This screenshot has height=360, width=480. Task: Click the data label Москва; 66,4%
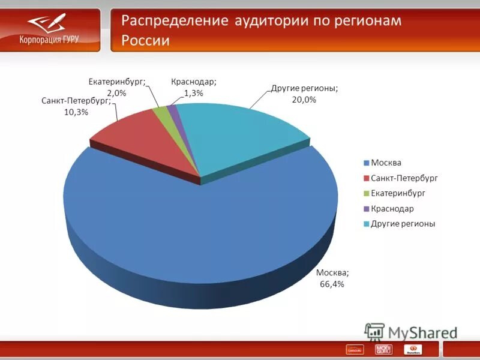pos(332,278)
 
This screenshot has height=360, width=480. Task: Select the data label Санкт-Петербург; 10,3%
pos(76,106)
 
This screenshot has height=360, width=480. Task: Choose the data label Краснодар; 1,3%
pos(193,87)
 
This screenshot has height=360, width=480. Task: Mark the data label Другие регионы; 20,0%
pos(304,94)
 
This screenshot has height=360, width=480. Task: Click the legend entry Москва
pos(385,163)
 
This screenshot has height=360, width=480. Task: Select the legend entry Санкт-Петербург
pos(404,178)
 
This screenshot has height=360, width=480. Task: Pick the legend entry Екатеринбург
pos(398,193)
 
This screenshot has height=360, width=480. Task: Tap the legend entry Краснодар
pos(392,209)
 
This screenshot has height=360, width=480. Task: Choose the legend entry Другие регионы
pos(402,224)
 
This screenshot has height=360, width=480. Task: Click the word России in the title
pos(146,41)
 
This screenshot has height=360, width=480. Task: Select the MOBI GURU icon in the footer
pos(383,349)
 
